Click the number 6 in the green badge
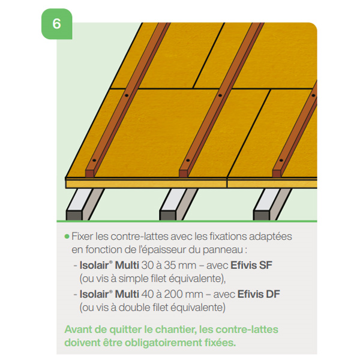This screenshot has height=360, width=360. pyautogui.click(x=56, y=24)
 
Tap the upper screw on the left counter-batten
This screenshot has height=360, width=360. pyautogui.click(x=126, y=95)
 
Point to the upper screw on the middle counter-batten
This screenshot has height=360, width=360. pyautogui.click(x=220, y=95)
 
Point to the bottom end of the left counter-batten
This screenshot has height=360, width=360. pyautogui.click(x=90, y=173)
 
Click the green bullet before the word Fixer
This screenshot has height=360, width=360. pyautogui.click(x=67, y=236)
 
